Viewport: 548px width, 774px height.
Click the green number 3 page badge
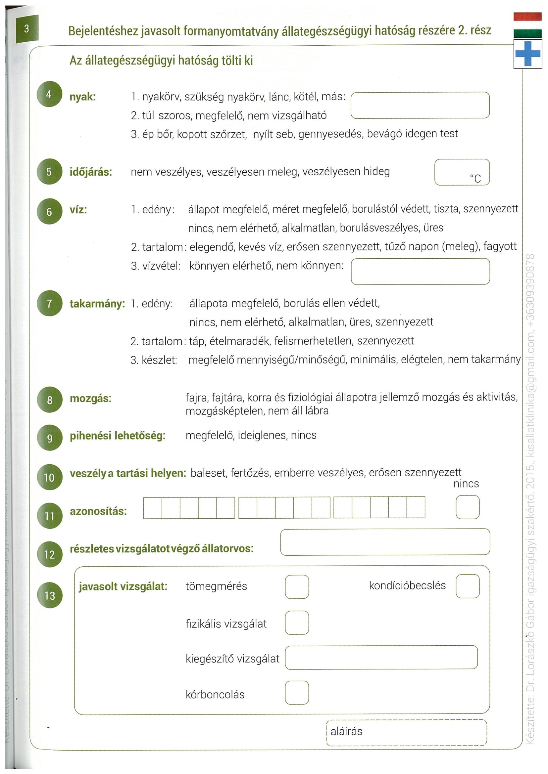click(x=27, y=29)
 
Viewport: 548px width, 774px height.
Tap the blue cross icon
click(x=527, y=54)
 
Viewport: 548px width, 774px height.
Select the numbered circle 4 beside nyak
click(x=49, y=94)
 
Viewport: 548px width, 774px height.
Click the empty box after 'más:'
click(x=420, y=105)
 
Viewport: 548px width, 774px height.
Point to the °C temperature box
click(x=462, y=172)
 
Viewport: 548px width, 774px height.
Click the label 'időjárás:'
click(x=91, y=172)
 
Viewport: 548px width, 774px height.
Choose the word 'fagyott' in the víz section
click(x=499, y=246)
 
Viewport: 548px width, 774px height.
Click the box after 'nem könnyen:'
click(x=420, y=271)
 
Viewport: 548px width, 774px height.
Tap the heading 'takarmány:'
click(x=97, y=304)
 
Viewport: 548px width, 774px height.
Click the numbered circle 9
click(x=50, y=438)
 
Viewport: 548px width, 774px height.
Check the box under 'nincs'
click(x=467, y=507)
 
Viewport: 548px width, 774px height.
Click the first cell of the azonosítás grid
click(x=153, y=507)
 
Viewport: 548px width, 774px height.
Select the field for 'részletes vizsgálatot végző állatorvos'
click(x=385, y=542)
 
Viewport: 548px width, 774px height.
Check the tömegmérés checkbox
click(x=297, y=587)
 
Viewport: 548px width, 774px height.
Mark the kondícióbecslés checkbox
click(x=467, y=586)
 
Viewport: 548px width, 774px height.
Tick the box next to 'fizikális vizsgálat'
click(x=297, y=623)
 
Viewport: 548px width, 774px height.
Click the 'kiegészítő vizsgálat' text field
click(x=381, y=657)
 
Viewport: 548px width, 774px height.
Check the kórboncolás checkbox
click(x=297, y=692)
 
